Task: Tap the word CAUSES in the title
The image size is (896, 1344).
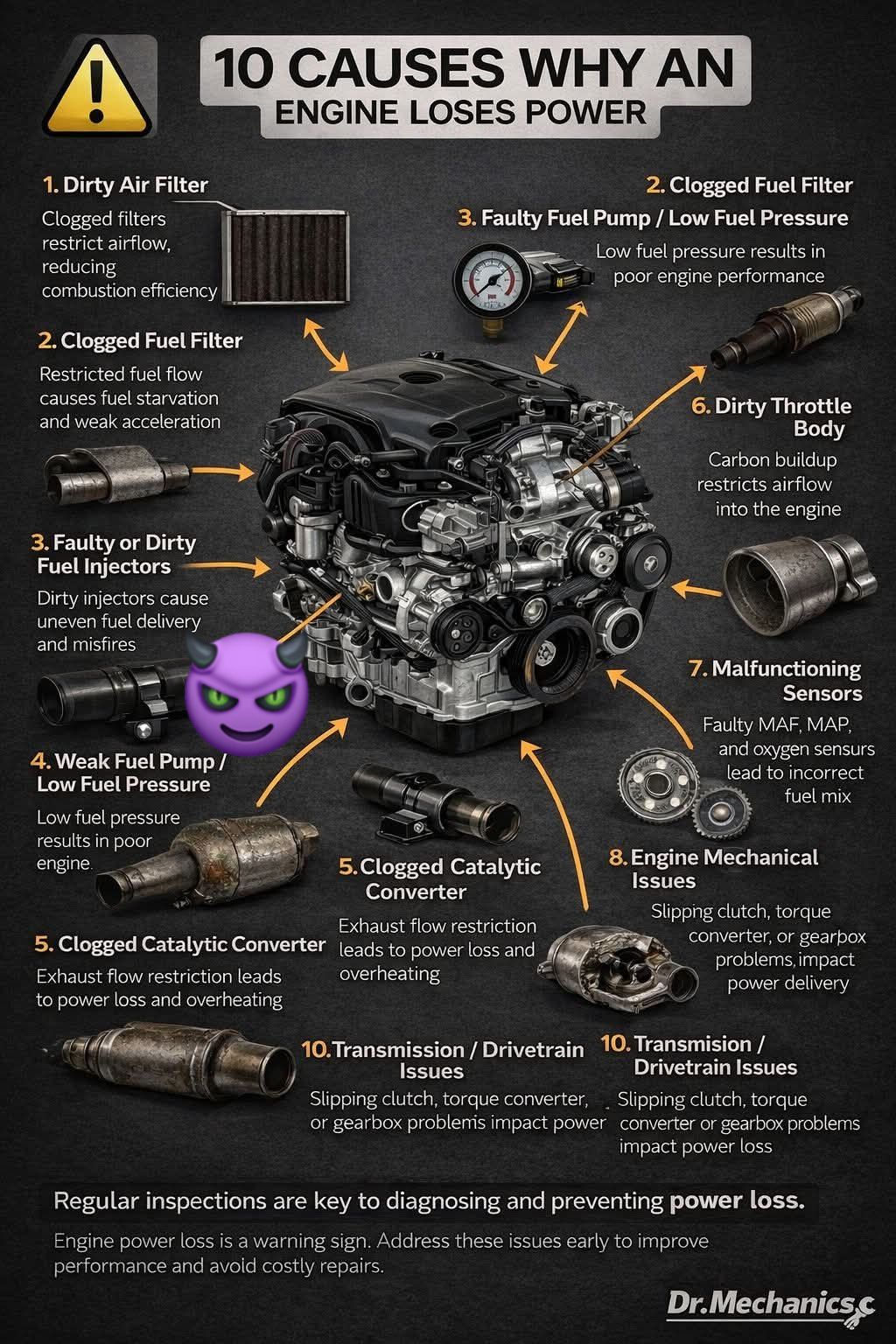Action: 396,67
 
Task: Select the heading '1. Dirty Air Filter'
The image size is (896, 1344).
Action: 125,185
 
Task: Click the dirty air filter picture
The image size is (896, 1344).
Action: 285,258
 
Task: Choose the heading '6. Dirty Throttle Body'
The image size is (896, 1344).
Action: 771,417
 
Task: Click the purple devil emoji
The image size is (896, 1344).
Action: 247,694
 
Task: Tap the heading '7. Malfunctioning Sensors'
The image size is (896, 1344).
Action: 775,681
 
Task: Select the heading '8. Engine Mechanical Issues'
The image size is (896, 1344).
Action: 713,869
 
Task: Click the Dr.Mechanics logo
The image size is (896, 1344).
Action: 771,1304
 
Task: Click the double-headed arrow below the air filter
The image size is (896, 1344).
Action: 325,345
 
